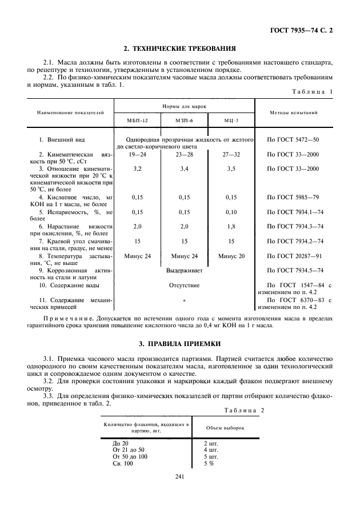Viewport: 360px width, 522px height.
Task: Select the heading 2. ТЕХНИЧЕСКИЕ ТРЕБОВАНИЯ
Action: [x=180, y=49]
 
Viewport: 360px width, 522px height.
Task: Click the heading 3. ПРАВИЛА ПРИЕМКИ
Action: [x=180, y=343]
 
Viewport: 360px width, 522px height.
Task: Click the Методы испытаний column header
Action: [x=293, y=113]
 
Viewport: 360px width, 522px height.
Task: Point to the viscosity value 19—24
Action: [x=137, y=154]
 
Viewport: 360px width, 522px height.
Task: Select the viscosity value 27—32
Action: [x=231, y=154]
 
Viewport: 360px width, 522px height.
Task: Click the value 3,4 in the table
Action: [x=184, y=169]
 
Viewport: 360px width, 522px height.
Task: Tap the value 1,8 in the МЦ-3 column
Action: [x=231, y=226]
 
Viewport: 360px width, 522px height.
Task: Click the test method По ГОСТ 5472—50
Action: [x=293, y=139]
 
